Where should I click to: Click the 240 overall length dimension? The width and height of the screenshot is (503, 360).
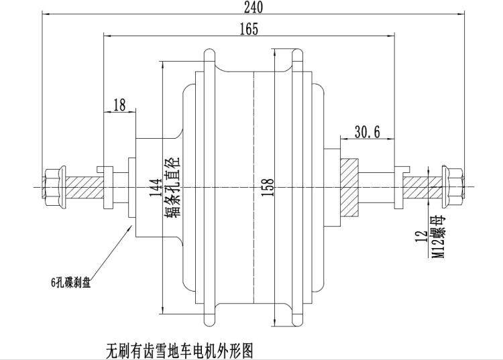tap(254, 7)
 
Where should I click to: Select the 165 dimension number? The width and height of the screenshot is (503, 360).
tap(247, 29)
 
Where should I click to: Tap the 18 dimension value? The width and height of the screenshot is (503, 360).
tap(119, 105)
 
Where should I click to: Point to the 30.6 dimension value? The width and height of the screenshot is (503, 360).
tap(368, 132)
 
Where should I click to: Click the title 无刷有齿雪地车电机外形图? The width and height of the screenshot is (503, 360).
tap(180, 350)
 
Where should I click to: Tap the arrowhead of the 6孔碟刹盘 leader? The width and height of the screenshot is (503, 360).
tap(131, 226)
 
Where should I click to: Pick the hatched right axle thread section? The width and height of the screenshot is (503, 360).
tap(423, 186)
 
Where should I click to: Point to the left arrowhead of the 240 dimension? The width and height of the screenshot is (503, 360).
tap(46, 14)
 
